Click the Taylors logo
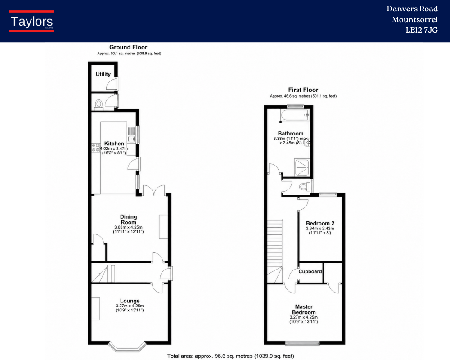[31, 21]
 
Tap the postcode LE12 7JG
[422, 31]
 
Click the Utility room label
[103, 74]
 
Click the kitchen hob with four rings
[95, 147]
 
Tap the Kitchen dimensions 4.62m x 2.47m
[114, 148]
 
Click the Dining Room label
[129, 219]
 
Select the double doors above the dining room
[154, 190]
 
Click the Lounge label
[130, 301]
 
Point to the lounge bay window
[128, 347]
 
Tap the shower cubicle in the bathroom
[302, 167]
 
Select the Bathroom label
[291, 134]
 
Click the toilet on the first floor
[304, 187]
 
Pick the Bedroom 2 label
[320, 223]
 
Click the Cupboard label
[310, 271]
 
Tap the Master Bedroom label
[304, 310]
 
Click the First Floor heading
[303, 90]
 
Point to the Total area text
[231, 356]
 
